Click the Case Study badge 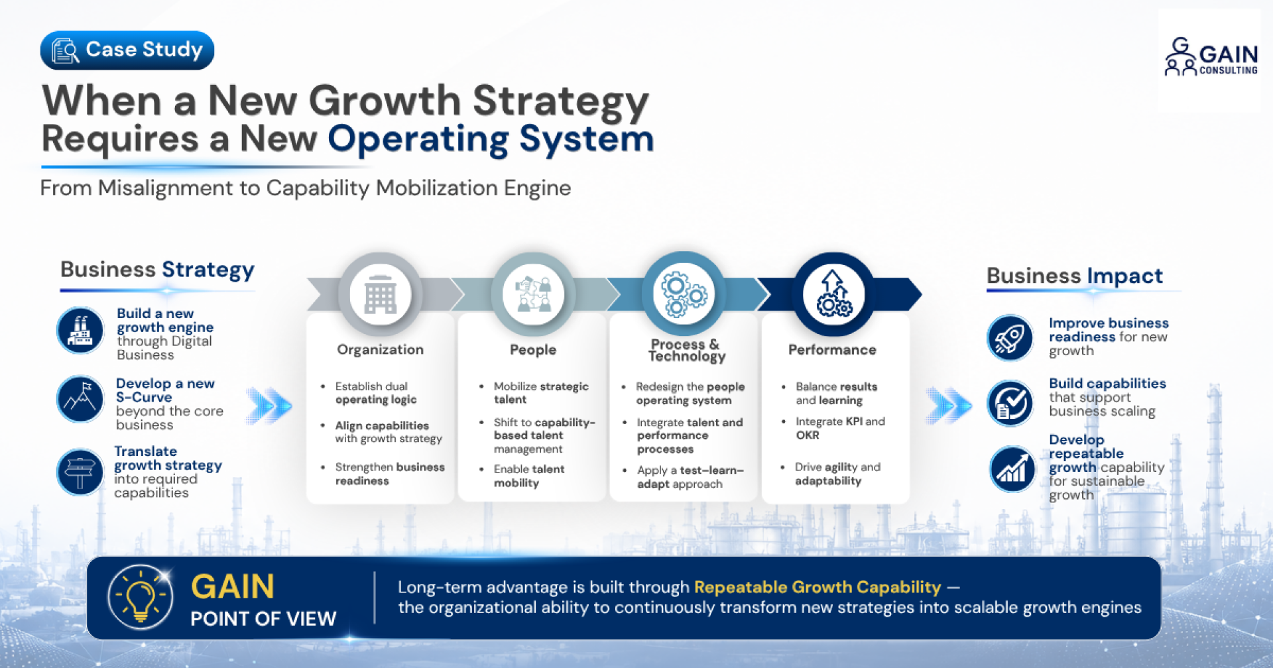tap(127, 50)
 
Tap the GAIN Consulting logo tap(1211, 57)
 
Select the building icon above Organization tap(381, 294)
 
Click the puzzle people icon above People tap(534, 294)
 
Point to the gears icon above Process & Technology tap(683, 294)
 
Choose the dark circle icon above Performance tap(833, 294)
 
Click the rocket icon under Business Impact tap(1010, 337)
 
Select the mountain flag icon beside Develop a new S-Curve tap(80, 400)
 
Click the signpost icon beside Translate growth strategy tap(80, 473)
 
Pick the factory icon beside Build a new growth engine tap(80, 330)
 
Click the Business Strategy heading tap(157, 270)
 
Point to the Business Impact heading tap(1075, 276)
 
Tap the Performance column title tap(832, 350)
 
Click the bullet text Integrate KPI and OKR tap(840, 428)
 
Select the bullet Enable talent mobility tap(528, 476)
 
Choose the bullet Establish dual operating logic tap(375, 393)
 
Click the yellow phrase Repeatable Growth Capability tap(818, 587)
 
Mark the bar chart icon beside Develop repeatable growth tap(1012, 469)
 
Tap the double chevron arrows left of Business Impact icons tap(949, 404)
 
